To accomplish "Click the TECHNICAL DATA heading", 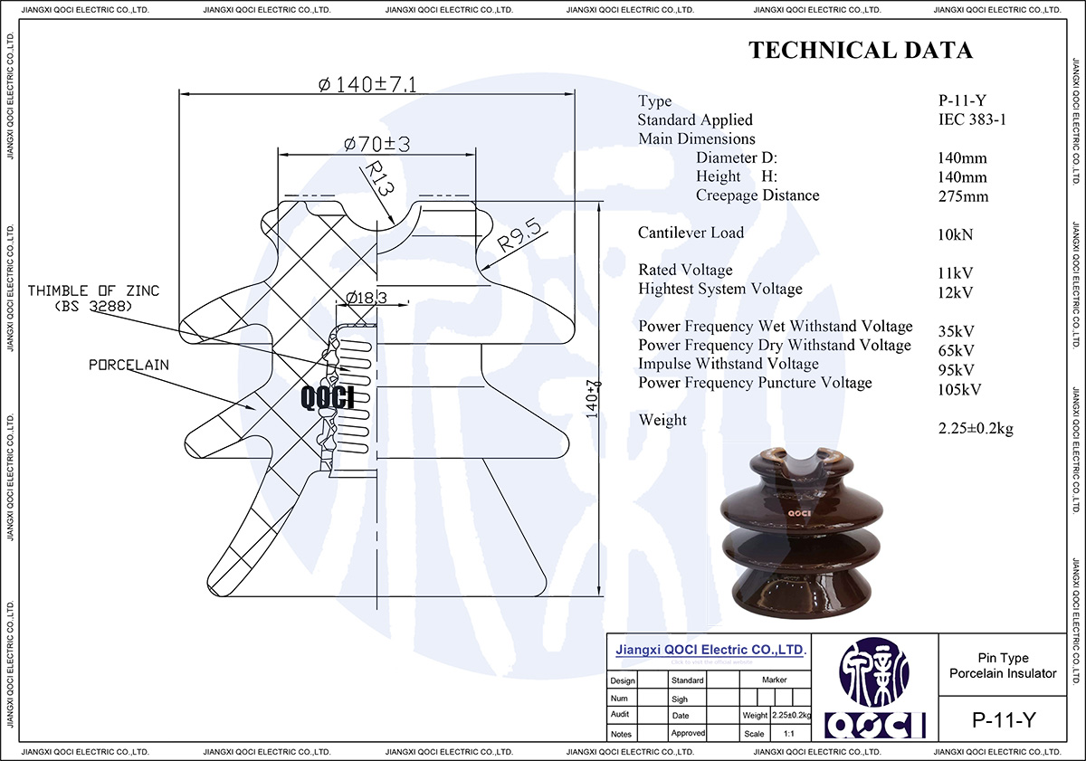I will tap(860, 51).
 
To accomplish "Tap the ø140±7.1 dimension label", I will tap(367, 84).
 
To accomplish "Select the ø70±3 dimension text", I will tap(377, 144).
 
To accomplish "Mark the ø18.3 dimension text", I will tap(367, 297).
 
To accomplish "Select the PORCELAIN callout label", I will tap(129, 365).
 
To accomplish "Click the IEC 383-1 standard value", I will tap(973, 119).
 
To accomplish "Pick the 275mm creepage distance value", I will tap(964, 196).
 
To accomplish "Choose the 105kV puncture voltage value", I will tap(961, 390).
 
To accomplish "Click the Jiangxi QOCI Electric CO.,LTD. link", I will tap(710, 650).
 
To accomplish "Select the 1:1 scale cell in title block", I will tap(790, 734).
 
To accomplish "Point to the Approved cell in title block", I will tap(688, 733).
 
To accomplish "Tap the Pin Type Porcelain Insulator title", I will tap(1003, 665).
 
